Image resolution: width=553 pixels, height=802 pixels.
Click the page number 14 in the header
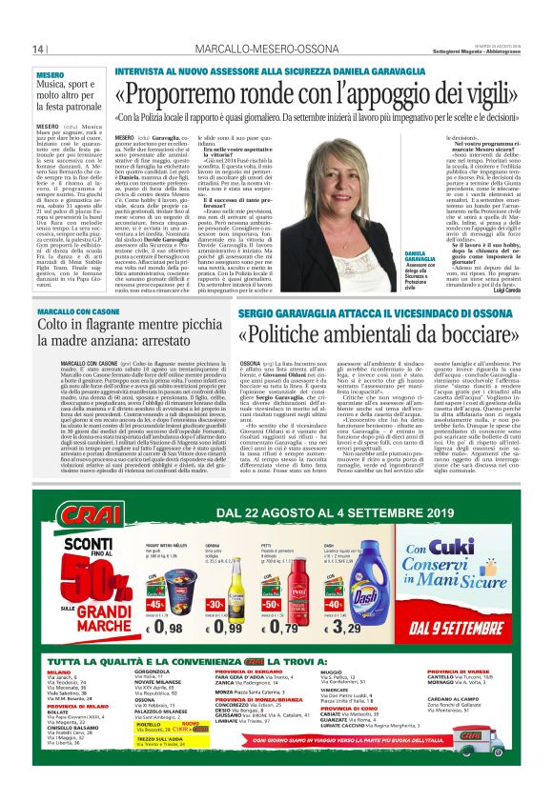coord(39,49)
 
